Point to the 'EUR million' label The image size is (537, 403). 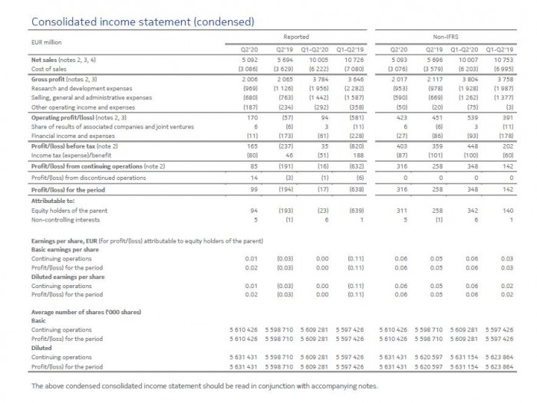48,43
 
